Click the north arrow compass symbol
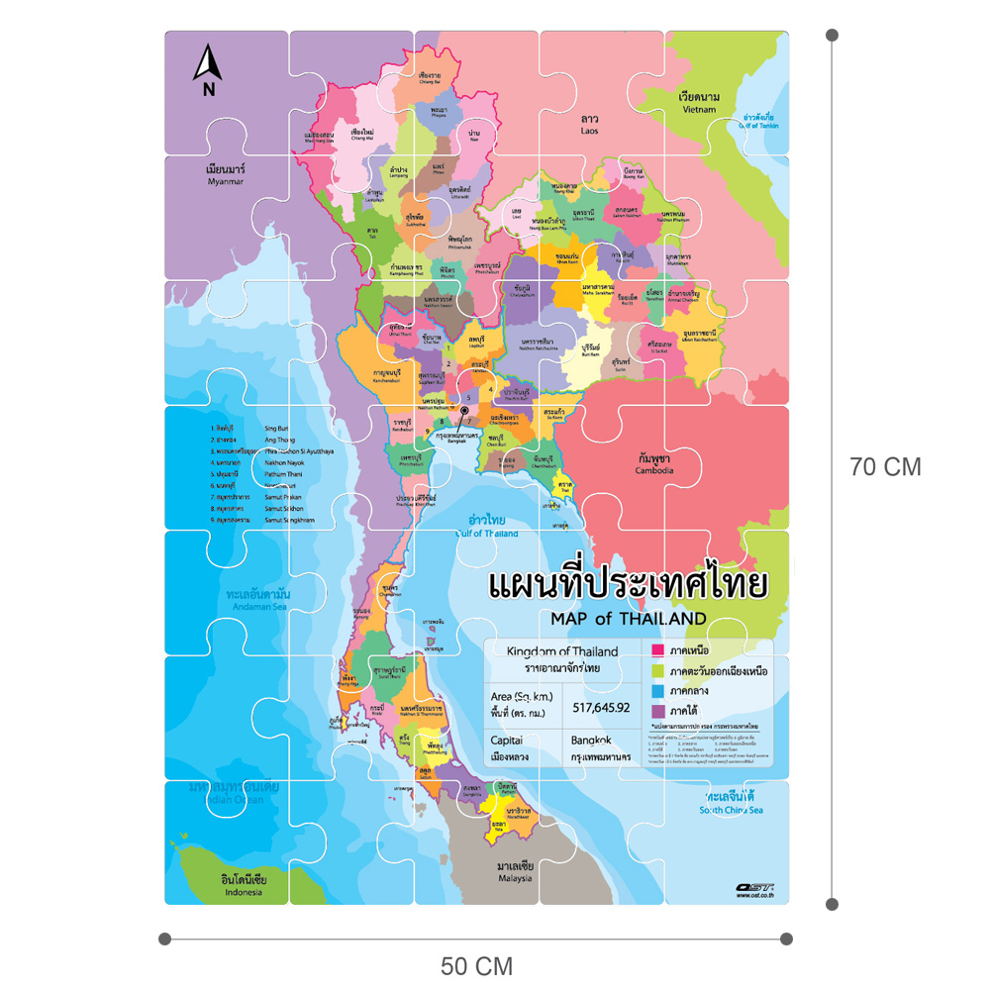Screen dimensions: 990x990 tap(207, 72)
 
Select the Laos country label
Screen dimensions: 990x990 tap(590, 123)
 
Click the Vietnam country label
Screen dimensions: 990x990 tap(699, 102)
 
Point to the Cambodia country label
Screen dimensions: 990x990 tap(655, 464)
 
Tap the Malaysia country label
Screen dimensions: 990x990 tap(515, 871)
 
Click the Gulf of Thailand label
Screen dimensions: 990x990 tap(487, 526)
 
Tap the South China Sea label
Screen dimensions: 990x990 tap(731, 803)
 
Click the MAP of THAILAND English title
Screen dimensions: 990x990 tap(622, 619)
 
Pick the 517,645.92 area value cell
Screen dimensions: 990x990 tap(601, 707)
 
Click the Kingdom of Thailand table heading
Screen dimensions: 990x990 tap(561, 651)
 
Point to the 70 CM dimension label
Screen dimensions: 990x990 tap(885, 467)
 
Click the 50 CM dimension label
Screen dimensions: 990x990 tap(476, 965)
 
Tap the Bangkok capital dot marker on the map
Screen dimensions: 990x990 tap(463, 410)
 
